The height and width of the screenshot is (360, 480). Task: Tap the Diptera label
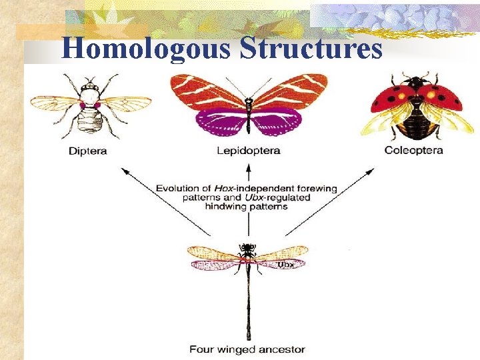(87, 151)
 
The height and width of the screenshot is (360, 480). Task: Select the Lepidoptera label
(248, 151)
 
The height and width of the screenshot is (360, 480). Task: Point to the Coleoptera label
(413, 151)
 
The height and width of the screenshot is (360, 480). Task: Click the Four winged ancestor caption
(247, 349)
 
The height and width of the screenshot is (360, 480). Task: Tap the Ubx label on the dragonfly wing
(285, 265)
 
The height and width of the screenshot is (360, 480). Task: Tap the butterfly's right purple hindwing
(277, 121)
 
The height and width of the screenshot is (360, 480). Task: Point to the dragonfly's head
(248, 248)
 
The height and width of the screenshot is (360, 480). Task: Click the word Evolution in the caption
(179, 189)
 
